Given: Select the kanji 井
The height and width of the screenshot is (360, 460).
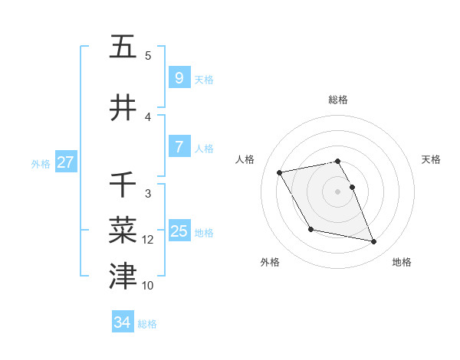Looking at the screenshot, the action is coord(123,107).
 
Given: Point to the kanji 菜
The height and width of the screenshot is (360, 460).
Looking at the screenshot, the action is coord(123,229).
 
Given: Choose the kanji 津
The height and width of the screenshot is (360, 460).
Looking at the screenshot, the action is coord(123,276).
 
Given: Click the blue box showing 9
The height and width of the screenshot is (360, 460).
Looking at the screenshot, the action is coord(179,78).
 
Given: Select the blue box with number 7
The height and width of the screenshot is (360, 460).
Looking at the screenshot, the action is coord(179,147).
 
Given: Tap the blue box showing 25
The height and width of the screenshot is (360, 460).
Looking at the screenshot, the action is coord(179,231).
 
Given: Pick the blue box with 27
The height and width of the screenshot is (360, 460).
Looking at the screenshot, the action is coord(65,162).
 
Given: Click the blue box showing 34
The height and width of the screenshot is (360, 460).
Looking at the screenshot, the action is coord(122,322).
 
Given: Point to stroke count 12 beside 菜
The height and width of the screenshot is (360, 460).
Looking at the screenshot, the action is coord(148,240).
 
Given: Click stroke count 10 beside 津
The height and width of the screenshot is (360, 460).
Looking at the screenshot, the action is coord(148,286).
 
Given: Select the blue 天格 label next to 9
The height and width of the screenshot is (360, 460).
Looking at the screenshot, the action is coord(204,79).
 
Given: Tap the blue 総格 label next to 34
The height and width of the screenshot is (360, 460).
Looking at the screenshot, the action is coord(147,323).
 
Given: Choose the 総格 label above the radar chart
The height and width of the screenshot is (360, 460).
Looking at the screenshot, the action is coord(338,100).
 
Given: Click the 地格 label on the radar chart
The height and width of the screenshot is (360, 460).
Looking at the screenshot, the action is coord(402,262).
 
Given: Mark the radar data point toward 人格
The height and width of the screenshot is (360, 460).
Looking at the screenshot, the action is coord(280,172).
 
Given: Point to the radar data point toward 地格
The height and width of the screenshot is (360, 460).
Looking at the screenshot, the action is coord(374,242).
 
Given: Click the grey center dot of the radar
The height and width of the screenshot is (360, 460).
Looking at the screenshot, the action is coord(338,191).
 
